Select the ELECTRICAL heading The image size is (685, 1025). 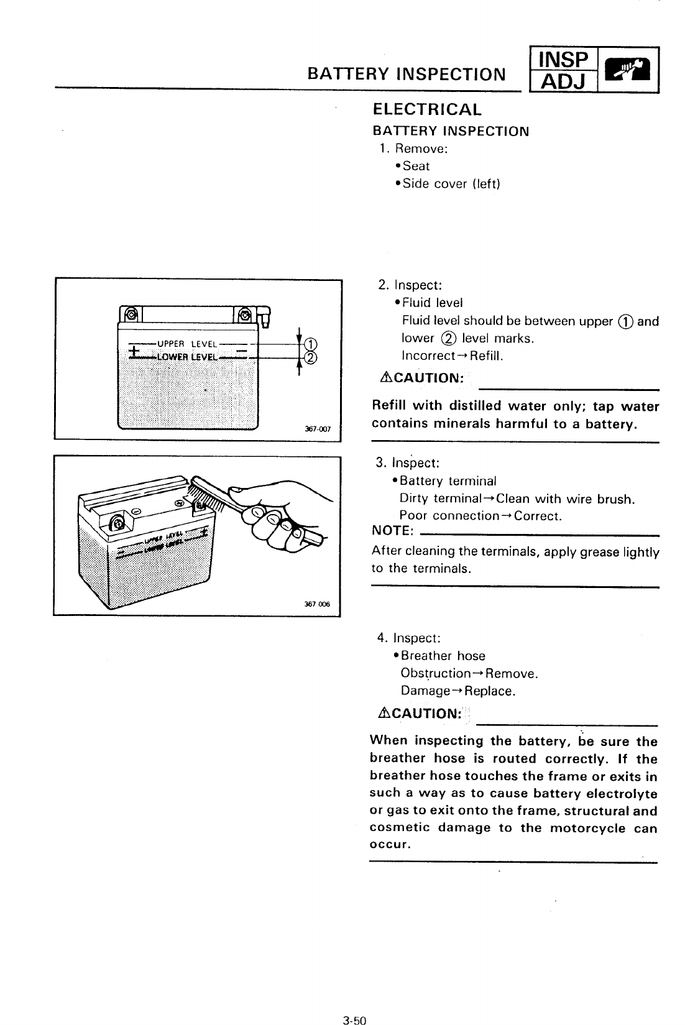pos(426,110)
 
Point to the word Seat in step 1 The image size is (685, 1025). pos(416,166)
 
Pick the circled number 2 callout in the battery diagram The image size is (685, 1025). pos(311,357)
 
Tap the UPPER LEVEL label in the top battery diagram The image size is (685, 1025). pos(186,344)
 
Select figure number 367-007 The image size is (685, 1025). pos(318,429)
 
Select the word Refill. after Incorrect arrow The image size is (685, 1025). pos(487,356)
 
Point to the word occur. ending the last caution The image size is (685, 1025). pos(390,845)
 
